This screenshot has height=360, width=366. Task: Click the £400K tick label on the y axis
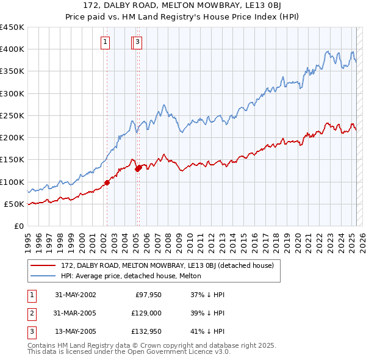tap(12, 49)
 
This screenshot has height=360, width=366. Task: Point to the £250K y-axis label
tap(12, 115)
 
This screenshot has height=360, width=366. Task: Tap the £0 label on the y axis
tap(18, 226)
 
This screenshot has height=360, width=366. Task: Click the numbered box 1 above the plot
tap(106, 42)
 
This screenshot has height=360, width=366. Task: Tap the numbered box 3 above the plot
tap(138, 42)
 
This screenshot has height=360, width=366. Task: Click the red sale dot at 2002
tap(107, 182)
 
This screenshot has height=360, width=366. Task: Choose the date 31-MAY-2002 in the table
tap(76, 294)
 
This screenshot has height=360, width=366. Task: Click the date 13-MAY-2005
tap(76, 333)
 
